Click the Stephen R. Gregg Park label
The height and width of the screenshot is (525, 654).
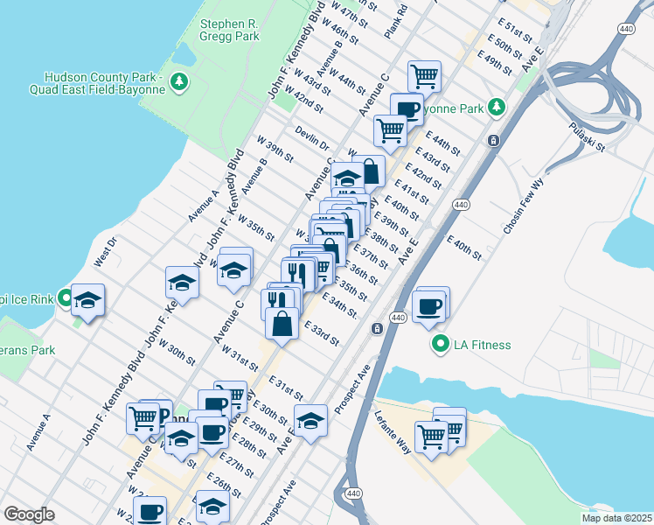coord(230,31)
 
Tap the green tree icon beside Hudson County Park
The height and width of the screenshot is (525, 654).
coord(180,81)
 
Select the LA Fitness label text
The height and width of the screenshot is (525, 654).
coord(482,345)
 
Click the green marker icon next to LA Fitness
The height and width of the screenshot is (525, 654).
coord(441,345)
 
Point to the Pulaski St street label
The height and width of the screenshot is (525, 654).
coord(587,137)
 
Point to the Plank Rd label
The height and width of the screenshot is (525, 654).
coord(396,20)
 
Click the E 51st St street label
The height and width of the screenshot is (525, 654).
coord(516,33)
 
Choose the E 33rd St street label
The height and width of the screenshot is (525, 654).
coord(322,333)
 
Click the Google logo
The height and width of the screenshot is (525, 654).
coord(28,514)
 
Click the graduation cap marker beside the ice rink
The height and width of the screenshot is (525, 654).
coord(87,300)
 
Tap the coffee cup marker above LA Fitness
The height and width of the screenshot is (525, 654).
coord(430,306)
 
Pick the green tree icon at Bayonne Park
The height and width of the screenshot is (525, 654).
coord(497,107)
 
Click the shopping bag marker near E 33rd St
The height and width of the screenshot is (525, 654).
coord(283,324)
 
